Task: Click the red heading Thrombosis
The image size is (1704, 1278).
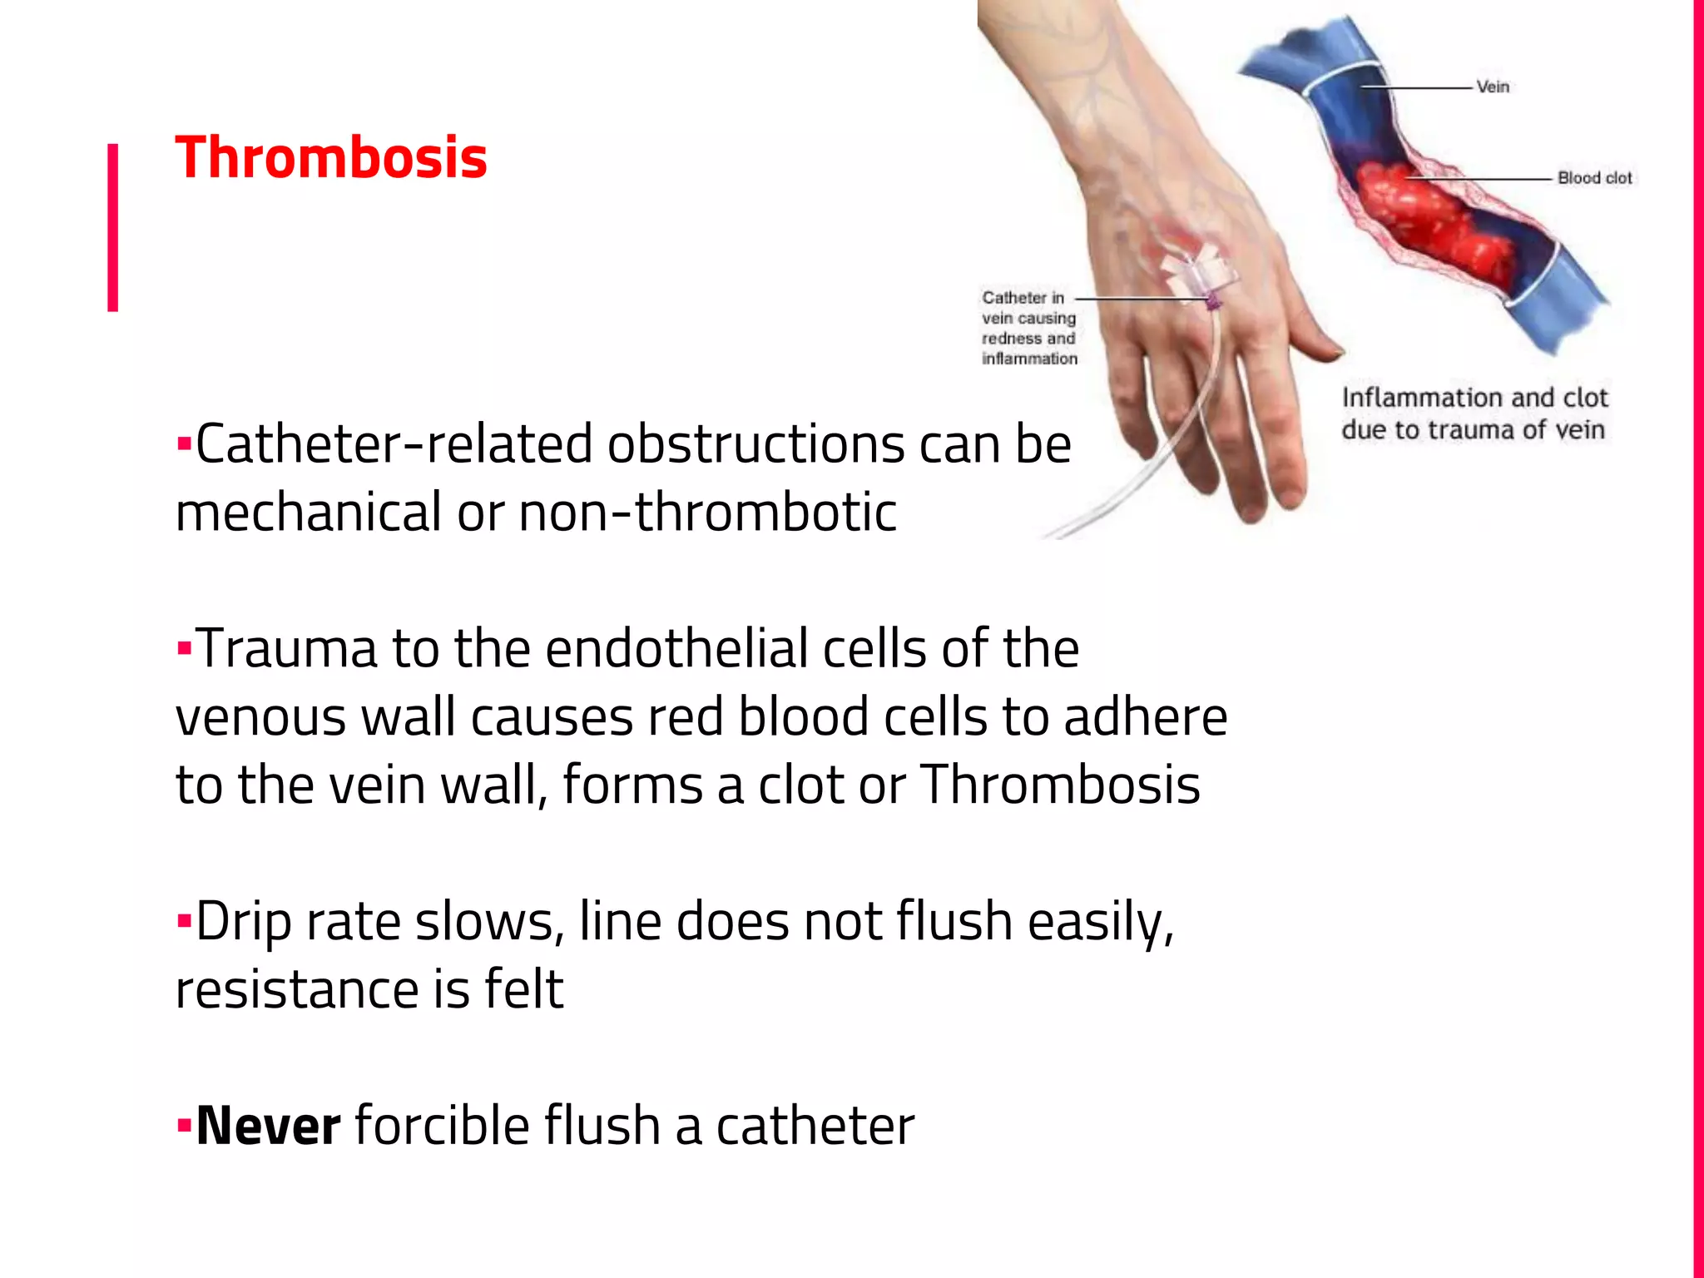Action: (330, 158)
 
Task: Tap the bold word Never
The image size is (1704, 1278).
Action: (268, 1126)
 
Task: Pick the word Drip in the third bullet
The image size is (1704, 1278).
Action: (243, 922)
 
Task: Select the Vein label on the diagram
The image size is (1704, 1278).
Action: (1493, 87)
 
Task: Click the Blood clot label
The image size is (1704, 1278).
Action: (1594, 178)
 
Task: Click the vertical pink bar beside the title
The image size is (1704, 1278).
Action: (112, 227)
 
